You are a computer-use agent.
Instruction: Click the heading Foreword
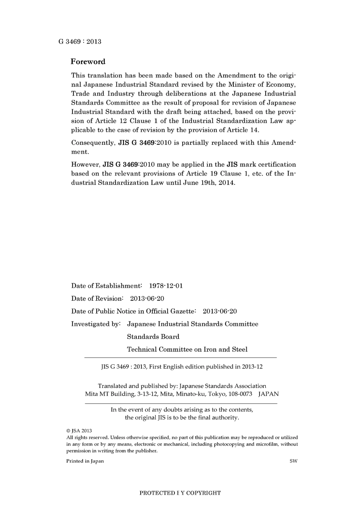[88, 61]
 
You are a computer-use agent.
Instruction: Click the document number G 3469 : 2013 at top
[80, 42]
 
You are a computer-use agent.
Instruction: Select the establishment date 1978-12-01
[166, 286]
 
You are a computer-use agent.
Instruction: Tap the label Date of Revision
[97, 298]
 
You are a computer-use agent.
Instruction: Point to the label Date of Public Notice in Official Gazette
[133, 311]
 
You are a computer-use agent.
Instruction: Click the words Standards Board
[153, 337]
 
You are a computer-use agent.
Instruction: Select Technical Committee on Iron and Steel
[187, 350]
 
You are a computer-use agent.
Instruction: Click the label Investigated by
[96, 324]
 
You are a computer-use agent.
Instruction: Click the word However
[86, 165]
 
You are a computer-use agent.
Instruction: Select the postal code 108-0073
[240, 394]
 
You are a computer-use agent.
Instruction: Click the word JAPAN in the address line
[268, 394]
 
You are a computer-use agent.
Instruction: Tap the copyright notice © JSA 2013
[79, 431]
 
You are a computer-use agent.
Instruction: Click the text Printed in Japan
[85, 461]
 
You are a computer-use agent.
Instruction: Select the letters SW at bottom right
[293, 461]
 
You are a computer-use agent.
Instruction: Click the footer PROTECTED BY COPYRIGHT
[180, 493]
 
